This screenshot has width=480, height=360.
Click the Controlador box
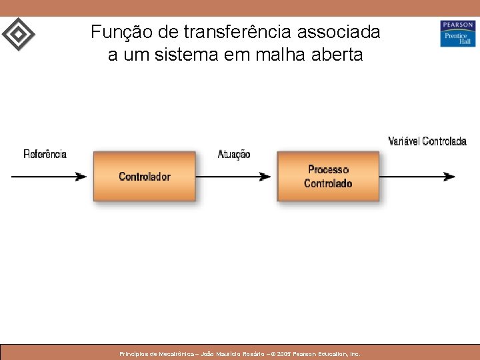[144, 176]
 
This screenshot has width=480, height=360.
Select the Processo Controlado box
[328, 176]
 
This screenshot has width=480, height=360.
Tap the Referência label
[45, 154]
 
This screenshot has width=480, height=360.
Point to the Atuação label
[234, 154]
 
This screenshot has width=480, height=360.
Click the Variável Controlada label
[427, 141]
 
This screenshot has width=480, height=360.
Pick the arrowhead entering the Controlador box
[81, 177]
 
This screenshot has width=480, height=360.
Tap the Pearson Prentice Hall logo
[457, 33]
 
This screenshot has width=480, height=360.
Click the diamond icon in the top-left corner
[19, 33]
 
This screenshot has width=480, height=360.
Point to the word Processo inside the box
[328, 170]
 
